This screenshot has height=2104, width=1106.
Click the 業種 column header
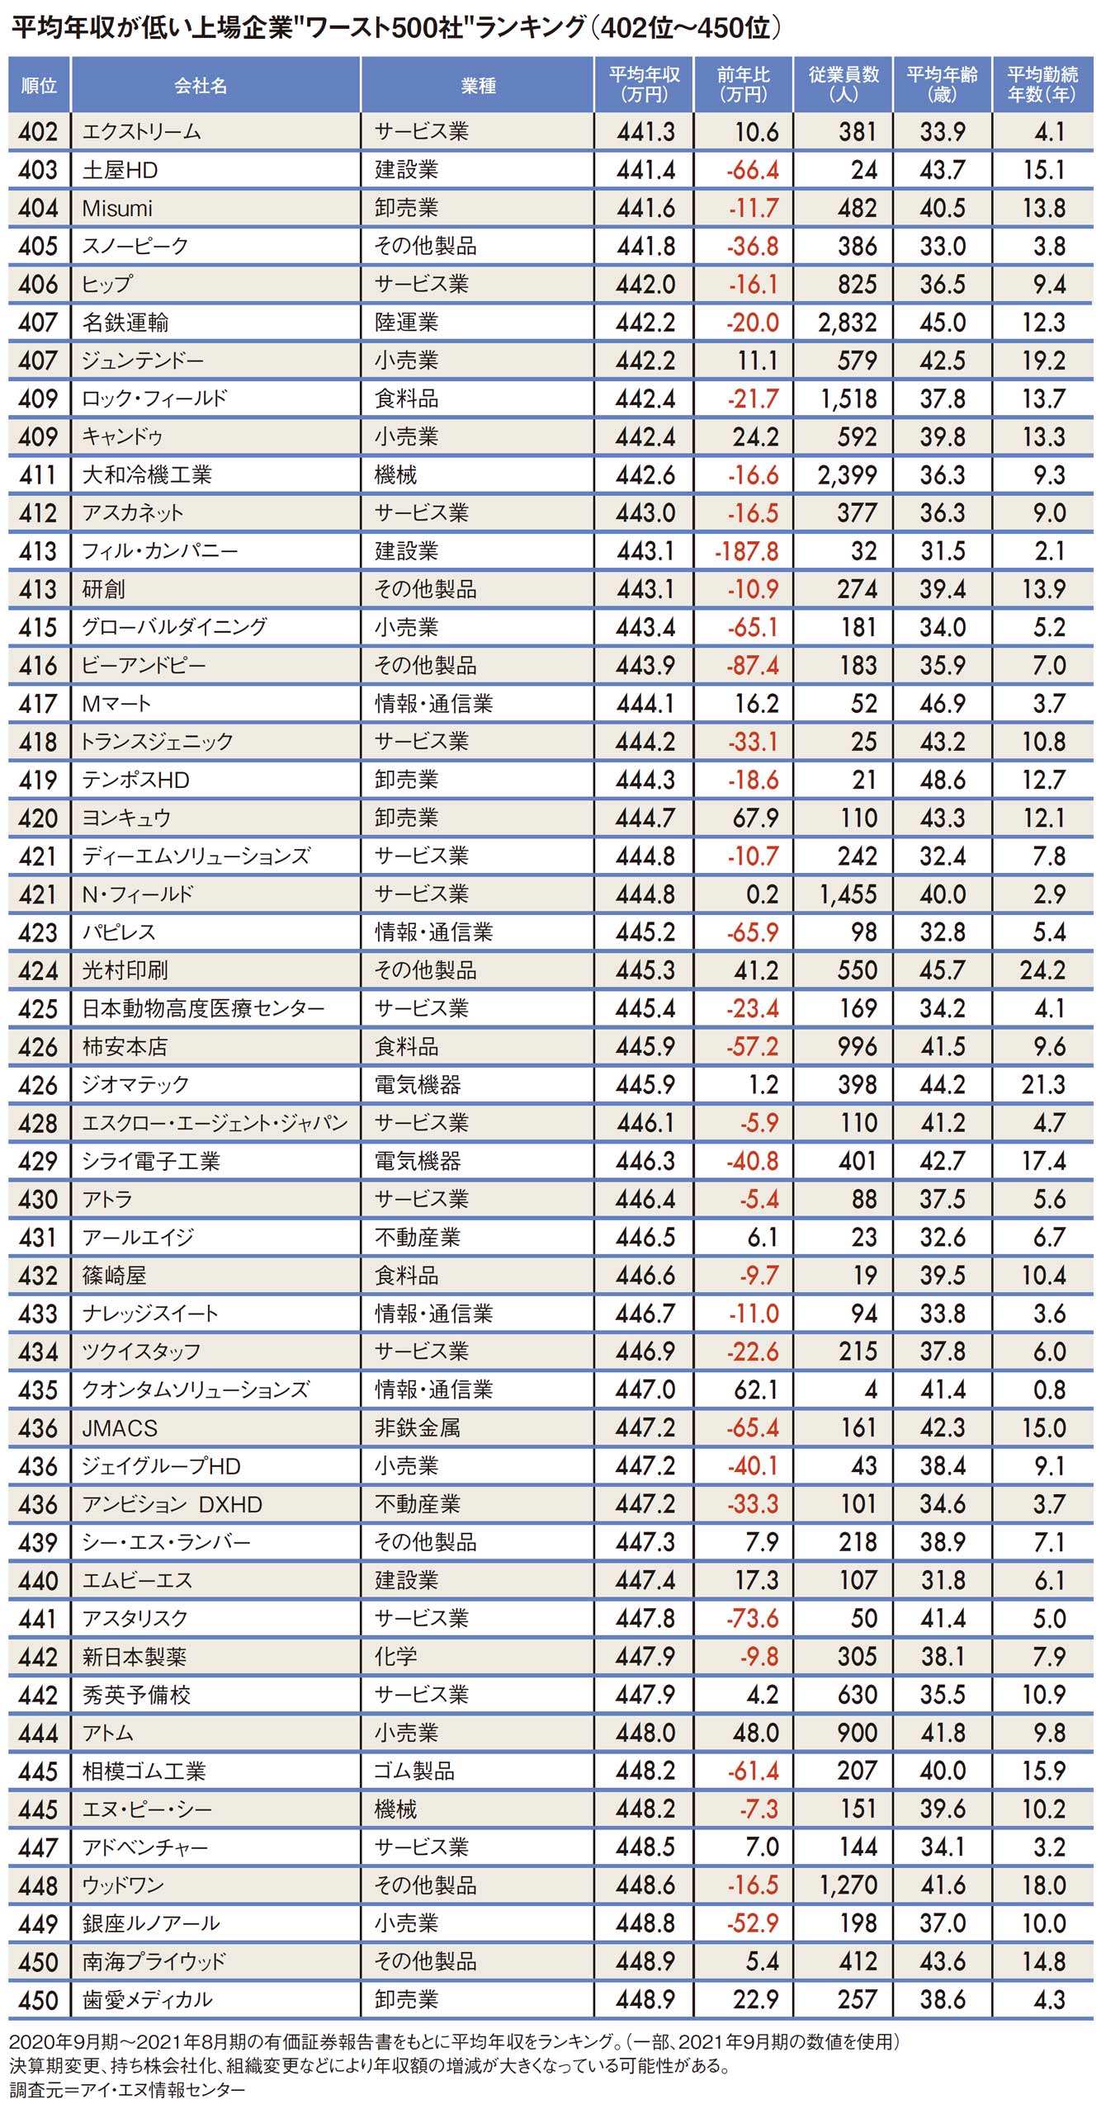[478, 85]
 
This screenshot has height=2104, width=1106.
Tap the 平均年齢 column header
[942, 85]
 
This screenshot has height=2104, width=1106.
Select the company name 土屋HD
[120, 170]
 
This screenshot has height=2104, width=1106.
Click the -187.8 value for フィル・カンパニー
[746, 551]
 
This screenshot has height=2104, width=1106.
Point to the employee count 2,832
[847, 323]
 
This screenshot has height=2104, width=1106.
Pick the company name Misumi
[117, 208]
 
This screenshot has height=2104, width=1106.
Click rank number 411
[38, 475]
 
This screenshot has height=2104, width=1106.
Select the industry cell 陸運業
[406, 323]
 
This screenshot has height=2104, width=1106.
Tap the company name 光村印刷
[125, 970]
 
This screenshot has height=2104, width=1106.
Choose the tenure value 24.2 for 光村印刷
[1042, 970]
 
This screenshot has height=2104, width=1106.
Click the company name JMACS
[119, 1427]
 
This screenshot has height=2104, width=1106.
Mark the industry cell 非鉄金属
[417, 1427]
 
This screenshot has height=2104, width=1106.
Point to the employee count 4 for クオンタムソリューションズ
[870, 1389]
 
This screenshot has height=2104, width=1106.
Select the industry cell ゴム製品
[414, 1771]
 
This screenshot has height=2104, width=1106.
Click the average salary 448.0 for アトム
[645, 1733]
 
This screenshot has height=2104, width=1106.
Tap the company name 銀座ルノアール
[151, 1923]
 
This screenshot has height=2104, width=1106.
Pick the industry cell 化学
[395, 1656]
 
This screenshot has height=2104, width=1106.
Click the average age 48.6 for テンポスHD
[942, 780]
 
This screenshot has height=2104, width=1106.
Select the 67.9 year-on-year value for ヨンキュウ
[755, 818]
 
